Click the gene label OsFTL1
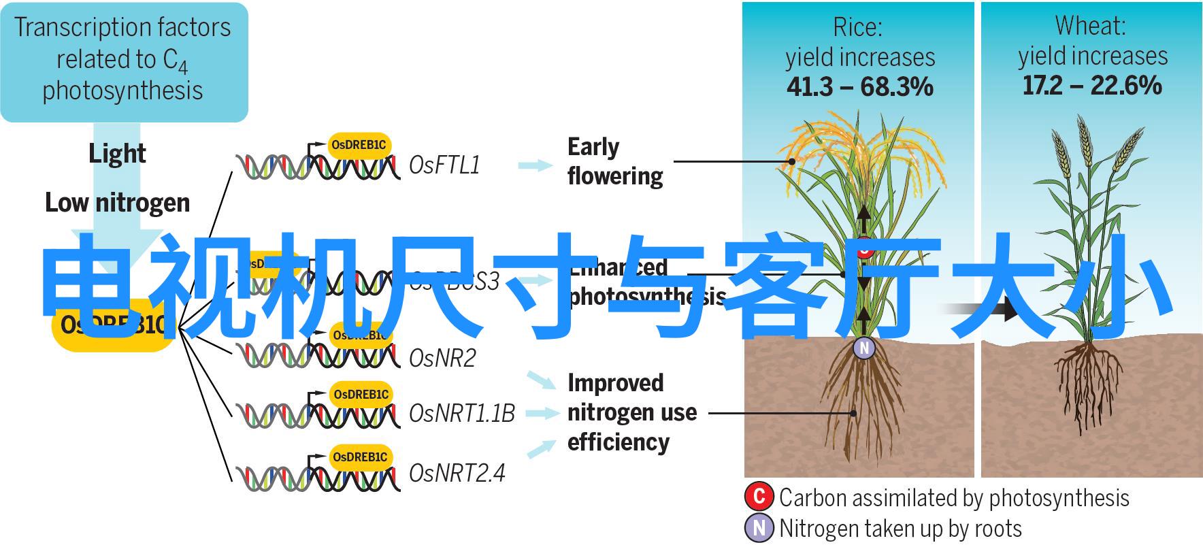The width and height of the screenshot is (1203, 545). (444, 165)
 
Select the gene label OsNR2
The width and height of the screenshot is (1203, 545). (442, 358)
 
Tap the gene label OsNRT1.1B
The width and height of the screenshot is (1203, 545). (462, 413)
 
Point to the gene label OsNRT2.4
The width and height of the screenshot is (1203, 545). (457, 473)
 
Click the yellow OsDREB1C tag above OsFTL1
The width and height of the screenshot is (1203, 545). (360, 145)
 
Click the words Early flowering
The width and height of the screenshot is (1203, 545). (614, 161)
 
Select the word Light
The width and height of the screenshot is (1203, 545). (117, 154)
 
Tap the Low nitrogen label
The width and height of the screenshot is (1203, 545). (117, 203)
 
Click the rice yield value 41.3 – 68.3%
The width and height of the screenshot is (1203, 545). (859, 87)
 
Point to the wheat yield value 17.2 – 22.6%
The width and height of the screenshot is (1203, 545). (1091, 86)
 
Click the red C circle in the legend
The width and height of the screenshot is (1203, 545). (759, 497)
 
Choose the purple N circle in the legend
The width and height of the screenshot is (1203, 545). (759, 528)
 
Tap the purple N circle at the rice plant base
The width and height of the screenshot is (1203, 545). (864, 348)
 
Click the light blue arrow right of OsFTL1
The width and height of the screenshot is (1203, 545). (535, 165)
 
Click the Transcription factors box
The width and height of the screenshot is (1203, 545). (124, 61)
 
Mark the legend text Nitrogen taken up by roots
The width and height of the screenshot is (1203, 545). (900, 529)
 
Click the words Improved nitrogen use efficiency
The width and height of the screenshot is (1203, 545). (631, 412)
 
